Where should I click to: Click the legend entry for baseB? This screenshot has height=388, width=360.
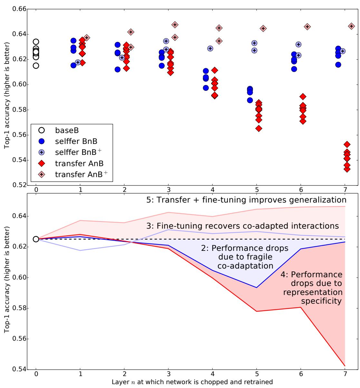[x=66, y=130]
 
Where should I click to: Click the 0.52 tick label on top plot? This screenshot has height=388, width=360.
[x=18, y=185]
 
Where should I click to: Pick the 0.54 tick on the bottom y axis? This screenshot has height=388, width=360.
[x=18, y=369]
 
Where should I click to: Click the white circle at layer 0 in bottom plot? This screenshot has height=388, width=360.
[x=36, y=239]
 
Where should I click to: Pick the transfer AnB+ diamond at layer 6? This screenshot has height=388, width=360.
[x=307, y=26]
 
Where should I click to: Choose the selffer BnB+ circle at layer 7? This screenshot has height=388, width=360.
[x=343, y=51]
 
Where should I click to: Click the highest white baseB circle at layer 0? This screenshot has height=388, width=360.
[x=36, y=42]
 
